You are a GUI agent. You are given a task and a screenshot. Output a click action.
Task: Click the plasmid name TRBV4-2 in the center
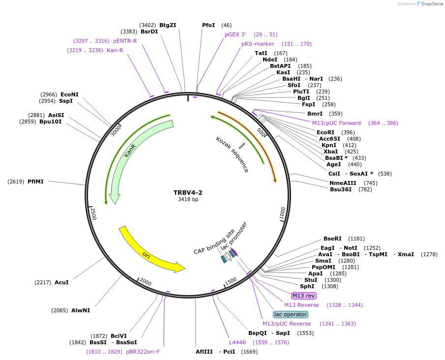188,193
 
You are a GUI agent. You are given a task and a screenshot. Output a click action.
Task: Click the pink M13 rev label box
303,296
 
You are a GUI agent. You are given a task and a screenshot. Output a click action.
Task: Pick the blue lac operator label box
291,314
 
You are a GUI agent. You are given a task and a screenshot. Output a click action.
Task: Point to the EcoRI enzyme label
325,132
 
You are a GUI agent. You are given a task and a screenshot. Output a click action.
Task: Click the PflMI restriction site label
35,181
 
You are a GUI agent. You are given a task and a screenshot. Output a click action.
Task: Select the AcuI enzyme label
61,282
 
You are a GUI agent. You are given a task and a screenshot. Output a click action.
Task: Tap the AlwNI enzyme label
81,310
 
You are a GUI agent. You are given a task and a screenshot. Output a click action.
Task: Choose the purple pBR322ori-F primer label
143,352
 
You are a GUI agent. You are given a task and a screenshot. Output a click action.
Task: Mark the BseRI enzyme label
332,239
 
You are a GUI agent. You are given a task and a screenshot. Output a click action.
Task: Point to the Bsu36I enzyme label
341,189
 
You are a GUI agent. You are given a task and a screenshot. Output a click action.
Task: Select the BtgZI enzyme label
168,25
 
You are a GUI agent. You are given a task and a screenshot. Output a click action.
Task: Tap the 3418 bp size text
188,200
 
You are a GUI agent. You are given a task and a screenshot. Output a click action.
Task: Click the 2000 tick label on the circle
145,281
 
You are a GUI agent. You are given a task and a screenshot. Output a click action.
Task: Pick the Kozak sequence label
232,154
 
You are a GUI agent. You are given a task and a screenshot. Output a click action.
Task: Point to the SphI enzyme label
307,286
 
